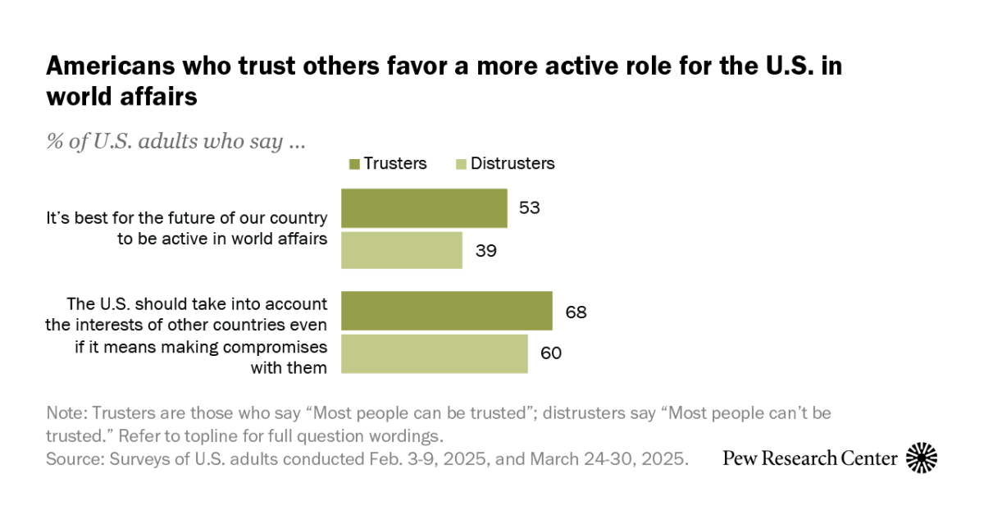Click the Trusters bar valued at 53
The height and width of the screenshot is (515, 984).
[424, 208]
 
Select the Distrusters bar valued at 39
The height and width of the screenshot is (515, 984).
[402, 250]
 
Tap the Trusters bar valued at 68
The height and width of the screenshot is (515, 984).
[447, 311]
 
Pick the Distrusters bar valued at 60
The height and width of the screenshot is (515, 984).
[435, 353]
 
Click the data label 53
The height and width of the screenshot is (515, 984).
[529, 207]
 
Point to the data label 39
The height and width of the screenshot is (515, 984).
[485, 250]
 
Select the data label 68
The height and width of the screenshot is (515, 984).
[575, 312]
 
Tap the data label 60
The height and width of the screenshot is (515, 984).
[550, 353]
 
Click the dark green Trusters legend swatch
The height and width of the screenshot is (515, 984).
[354, 164]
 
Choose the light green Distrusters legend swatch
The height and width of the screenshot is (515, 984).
[460, 164]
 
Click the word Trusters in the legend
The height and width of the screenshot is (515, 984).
[395, 163]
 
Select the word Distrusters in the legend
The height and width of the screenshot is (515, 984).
[513, 163]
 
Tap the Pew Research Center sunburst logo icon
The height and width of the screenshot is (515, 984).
[922, 458]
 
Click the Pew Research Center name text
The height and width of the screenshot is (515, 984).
[809, 458]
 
